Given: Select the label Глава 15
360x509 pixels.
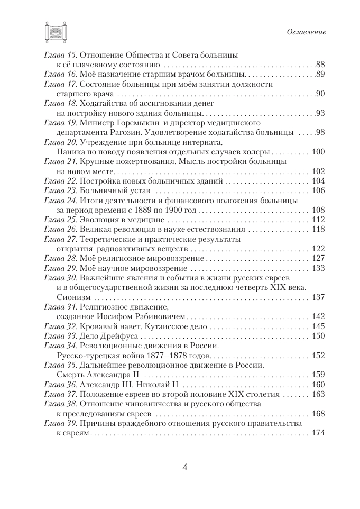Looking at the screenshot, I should click(x=61, y=54).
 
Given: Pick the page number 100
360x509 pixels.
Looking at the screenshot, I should click(x=319, y=151).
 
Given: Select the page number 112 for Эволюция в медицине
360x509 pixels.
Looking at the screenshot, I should click(x=319, y=220).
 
